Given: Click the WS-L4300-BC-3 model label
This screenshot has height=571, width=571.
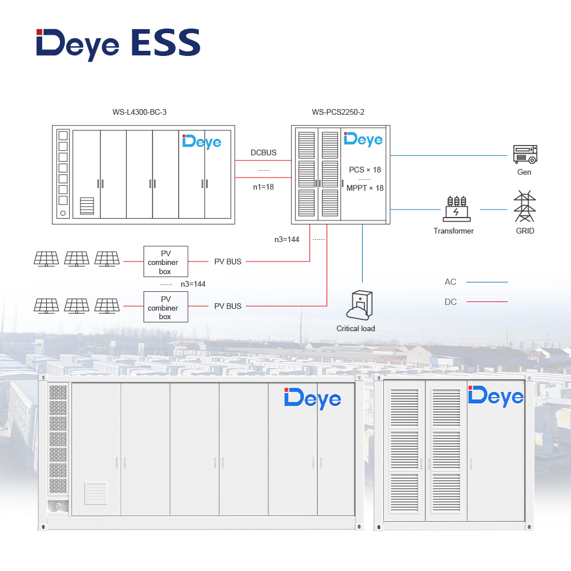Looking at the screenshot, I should [139, 112].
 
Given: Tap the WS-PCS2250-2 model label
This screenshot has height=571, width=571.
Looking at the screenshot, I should [338, 112].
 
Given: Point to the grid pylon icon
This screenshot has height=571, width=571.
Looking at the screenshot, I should [525, 207].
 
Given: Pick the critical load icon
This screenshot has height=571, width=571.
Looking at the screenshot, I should [359, 305].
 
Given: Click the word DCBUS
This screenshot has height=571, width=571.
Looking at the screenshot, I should [263, 152].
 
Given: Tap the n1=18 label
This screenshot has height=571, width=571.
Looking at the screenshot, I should [263, 186].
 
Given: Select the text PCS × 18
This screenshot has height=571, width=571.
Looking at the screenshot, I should [365, 170].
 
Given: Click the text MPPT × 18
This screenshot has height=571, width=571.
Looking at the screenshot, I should [365, 188].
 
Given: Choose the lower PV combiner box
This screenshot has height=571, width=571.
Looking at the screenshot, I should [165, 307].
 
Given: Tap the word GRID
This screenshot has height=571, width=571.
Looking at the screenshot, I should [525, 231].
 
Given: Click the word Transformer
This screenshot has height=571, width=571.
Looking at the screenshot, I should [453, 231].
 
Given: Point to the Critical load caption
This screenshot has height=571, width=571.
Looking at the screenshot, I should [356, 328].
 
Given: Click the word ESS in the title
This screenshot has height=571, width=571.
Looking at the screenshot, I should [163, 43].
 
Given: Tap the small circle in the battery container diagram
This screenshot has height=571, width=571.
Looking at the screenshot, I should [63, 213].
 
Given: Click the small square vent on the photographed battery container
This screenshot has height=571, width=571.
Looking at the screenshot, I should [96, 493].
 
